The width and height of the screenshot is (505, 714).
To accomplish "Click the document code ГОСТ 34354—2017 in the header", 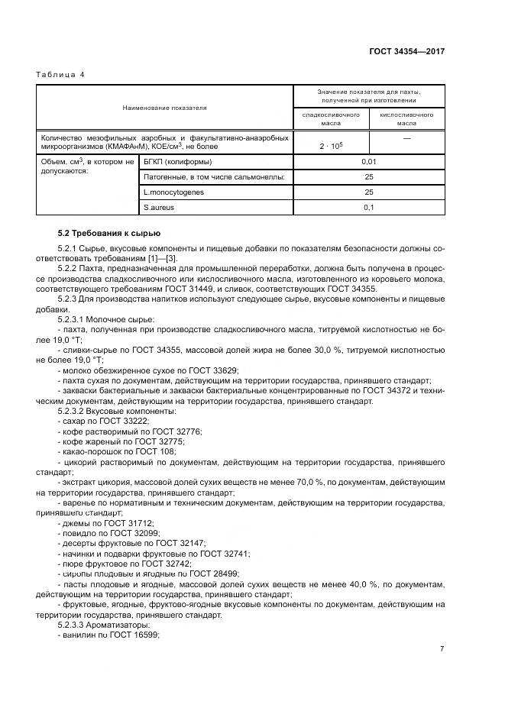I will [x=407, y=51].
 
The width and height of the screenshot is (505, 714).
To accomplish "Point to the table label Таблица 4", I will [x=60, y=74].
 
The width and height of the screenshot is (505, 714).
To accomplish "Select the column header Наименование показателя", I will [x=164, y=108].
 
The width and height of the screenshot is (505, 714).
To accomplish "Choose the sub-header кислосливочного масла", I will [x=406, y=118].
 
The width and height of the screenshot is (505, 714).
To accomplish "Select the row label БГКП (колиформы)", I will [x=177, y=162].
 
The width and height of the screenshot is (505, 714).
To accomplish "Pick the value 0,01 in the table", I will [x=369, y=162].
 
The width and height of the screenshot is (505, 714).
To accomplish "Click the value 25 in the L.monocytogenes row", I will [x=369, y=192].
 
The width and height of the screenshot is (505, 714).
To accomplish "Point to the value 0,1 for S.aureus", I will [x=369, y=208].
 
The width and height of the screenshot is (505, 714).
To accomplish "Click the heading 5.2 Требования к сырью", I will [x=109, y=233].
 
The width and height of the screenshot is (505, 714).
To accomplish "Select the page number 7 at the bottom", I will [x=442, y=648].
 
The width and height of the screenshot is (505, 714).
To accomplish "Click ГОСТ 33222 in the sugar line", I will [x=126, y=422].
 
